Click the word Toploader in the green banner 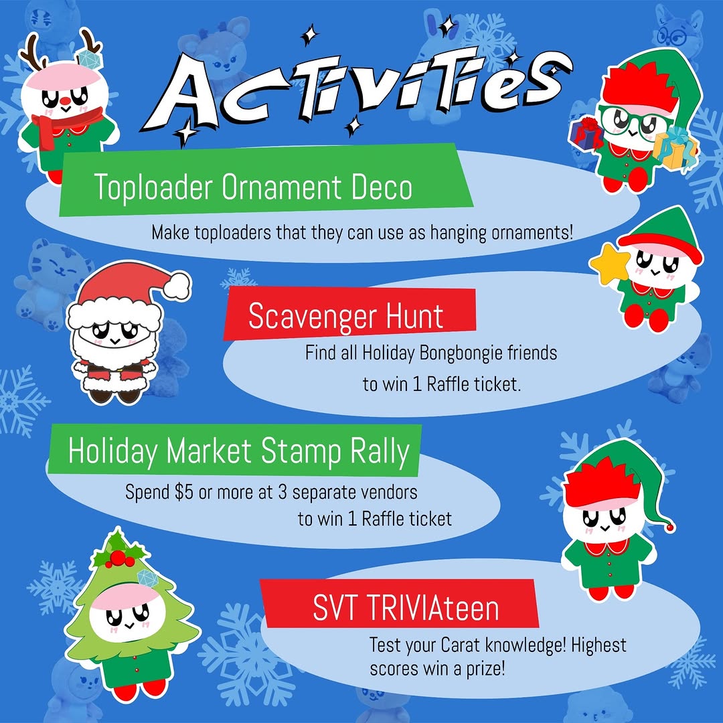[153, 187]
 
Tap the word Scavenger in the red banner [312, 317]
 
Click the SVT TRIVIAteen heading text [406, 608]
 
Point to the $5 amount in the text [184, 493]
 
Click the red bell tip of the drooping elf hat [670, 526]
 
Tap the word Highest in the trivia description [598, 645]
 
